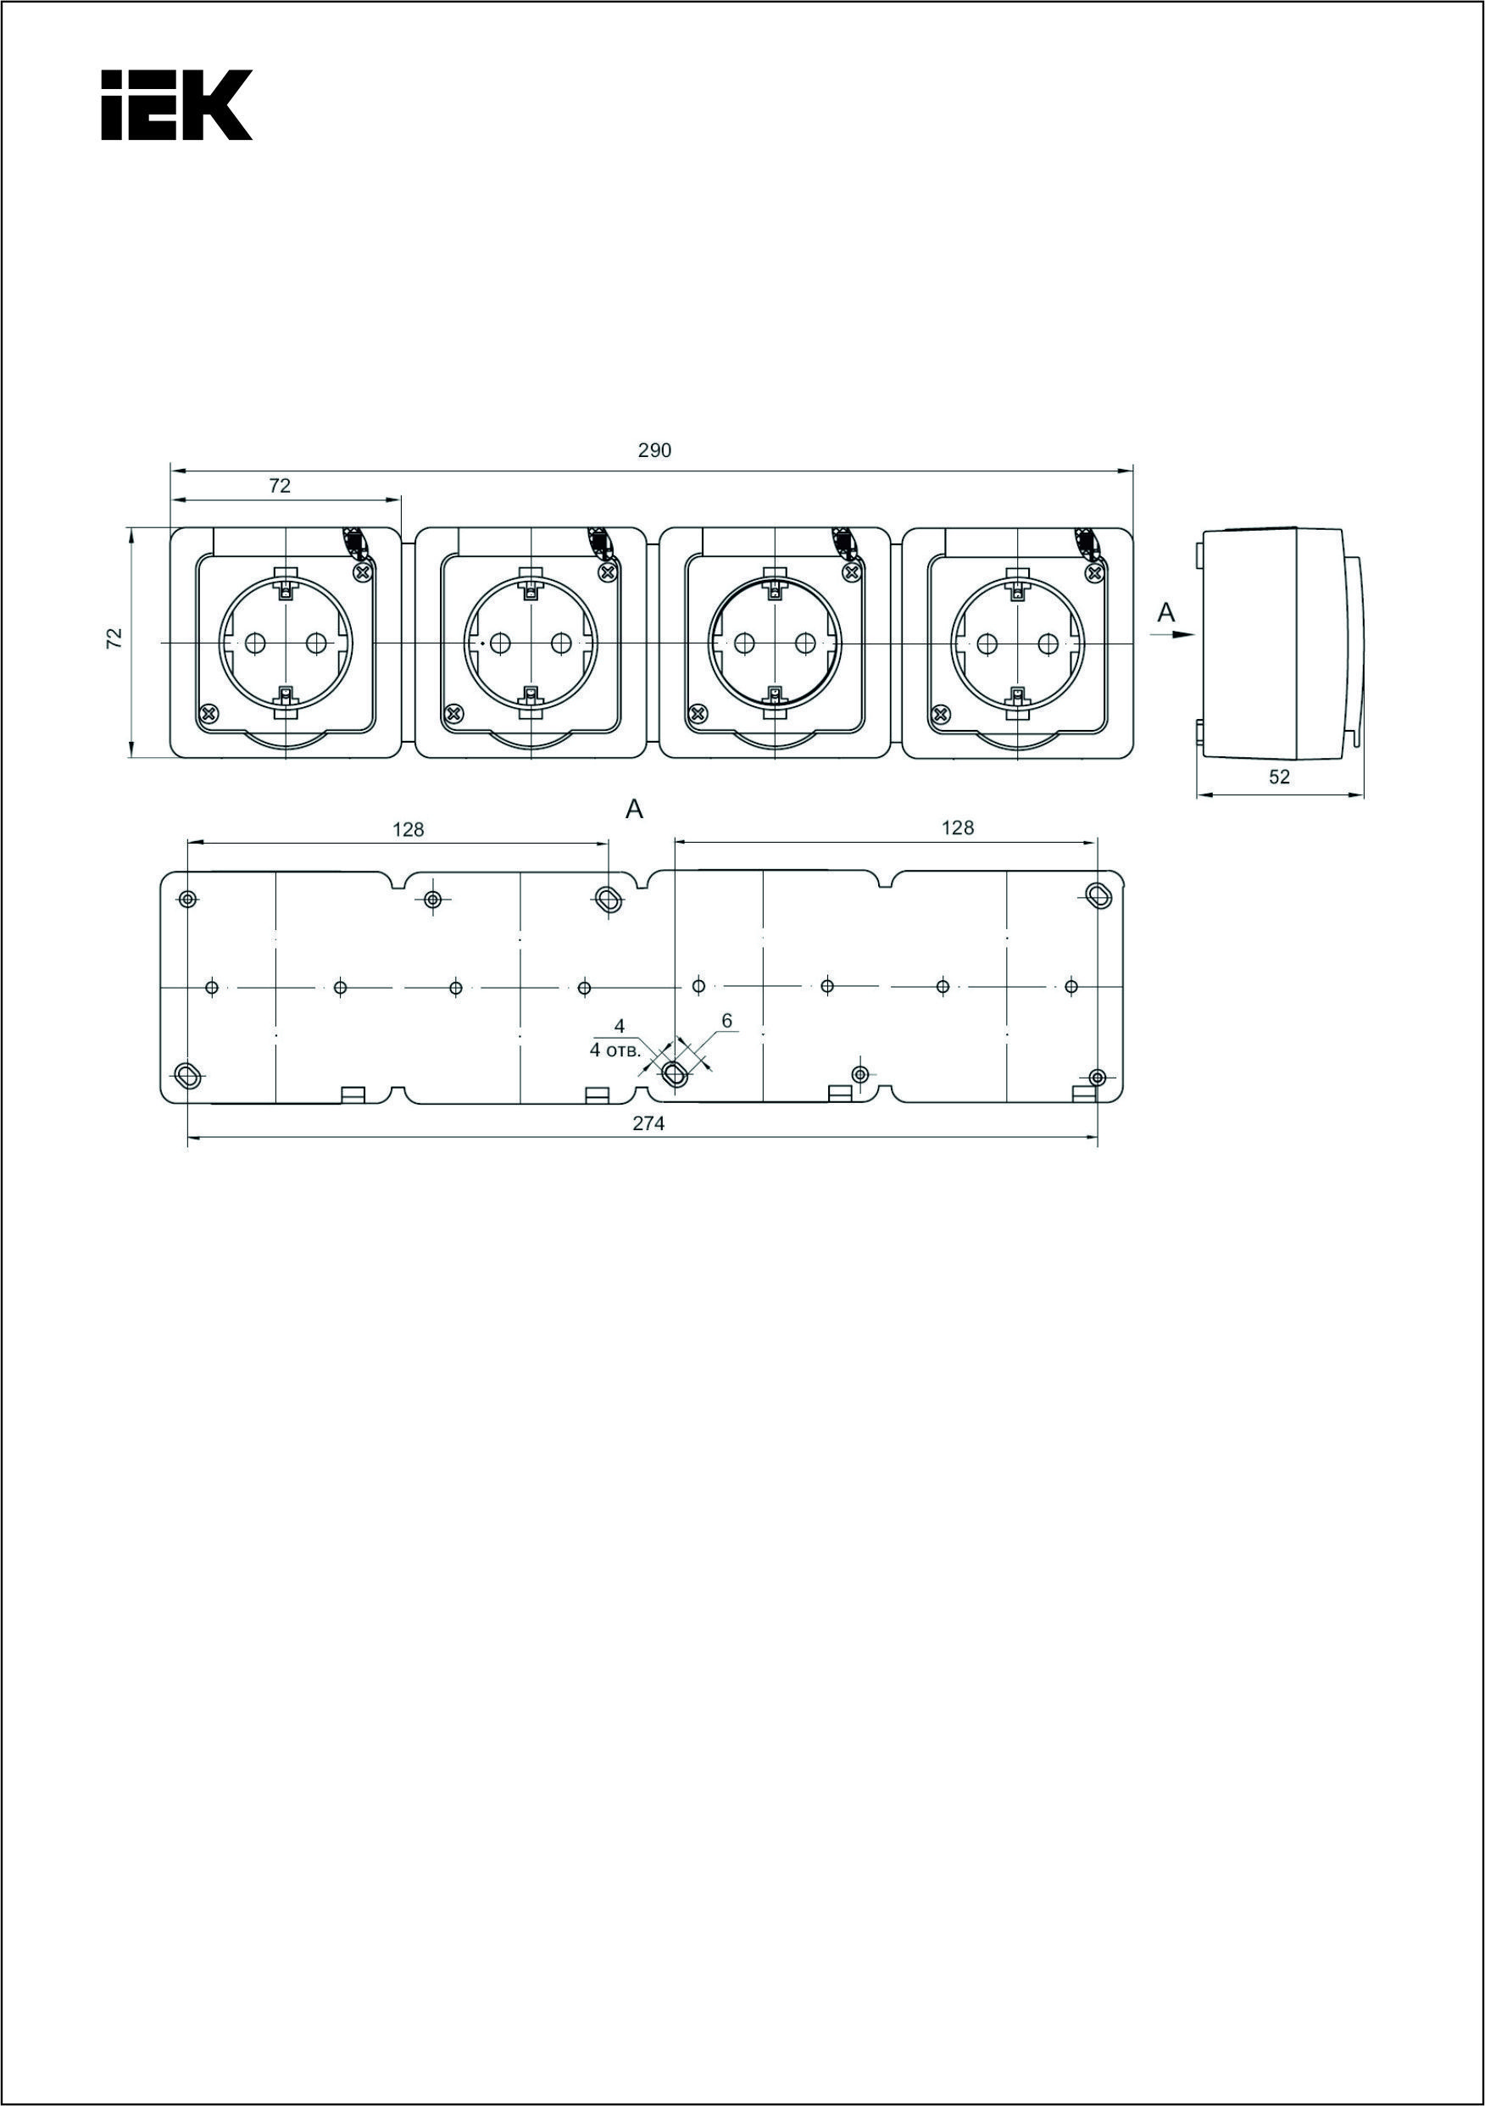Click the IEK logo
(176, 105)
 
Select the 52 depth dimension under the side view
(1280, 777)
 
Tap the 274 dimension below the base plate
(648, 1123)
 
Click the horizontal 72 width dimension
(280, 487)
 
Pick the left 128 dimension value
(409, 829)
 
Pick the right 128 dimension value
(957, 827)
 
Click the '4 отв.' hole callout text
(615, 1051)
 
